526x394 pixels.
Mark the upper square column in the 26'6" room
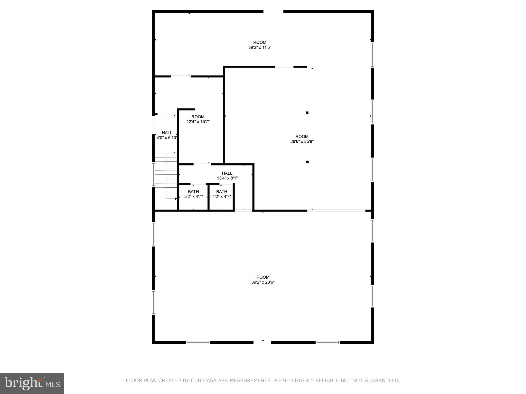307,113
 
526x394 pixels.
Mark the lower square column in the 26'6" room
307,162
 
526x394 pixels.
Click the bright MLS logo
32,383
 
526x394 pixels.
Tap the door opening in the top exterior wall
273,11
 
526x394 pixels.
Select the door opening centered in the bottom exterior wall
262,342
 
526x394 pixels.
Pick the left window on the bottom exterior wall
198,342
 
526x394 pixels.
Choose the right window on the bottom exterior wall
327,342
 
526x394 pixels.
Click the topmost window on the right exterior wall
372,55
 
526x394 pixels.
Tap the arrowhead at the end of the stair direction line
176,199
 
